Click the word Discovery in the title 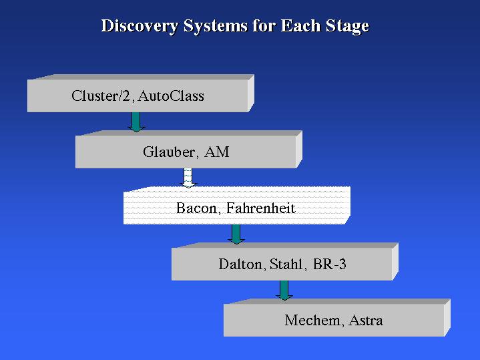140,26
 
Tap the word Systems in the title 216,26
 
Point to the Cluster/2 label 101,96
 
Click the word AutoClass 171,96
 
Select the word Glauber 169,152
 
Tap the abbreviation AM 217,152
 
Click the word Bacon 196,208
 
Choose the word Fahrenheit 261,208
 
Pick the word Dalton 240,264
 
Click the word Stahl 286,264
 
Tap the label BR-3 330,264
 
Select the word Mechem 312,321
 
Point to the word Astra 366,321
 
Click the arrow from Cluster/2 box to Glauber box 136,122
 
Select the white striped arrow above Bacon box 188,178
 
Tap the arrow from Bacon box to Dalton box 236,234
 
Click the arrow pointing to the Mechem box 284,290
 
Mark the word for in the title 264,25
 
